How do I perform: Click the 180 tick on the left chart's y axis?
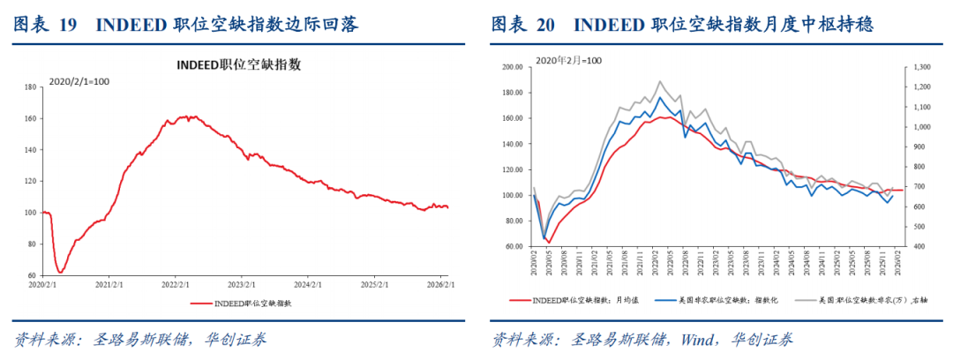coord(29,86)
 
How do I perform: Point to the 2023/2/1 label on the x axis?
coord(241,284)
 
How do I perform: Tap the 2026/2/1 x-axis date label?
coord(441,284)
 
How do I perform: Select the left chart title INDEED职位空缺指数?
coord(238,64)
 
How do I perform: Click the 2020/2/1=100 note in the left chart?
coord(79,81)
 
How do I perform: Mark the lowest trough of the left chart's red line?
coord(60,272)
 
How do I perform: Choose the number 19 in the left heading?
coord(67,24)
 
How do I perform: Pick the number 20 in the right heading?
coord(545,24)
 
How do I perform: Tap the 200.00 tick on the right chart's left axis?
coord(512,66)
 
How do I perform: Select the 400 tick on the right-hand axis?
coord(918,247)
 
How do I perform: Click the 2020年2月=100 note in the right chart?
coord(568,60)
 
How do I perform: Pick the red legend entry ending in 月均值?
coord(574,300)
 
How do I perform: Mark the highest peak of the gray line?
coord(659,81)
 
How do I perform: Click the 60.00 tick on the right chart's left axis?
coord(514,247)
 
